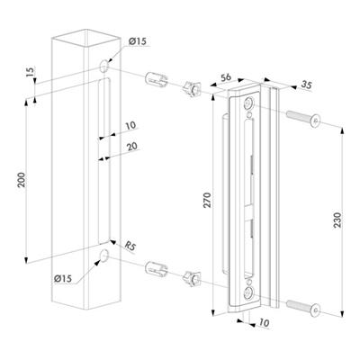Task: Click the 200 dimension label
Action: click(x=22, y=180)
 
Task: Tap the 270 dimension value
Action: click(x=207, y=200)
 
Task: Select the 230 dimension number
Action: click(x=337, y=220)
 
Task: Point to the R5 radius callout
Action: click(x=130, y=247)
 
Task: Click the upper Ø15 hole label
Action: click(x=138, y=40)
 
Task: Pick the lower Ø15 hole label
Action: click(x=63, y=278)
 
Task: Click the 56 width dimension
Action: click(x=226, y=77)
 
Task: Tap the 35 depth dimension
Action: click(x=306, y=85)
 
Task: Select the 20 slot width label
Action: click(x=132, y=146)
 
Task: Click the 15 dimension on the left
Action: click(x=31, y=71)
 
